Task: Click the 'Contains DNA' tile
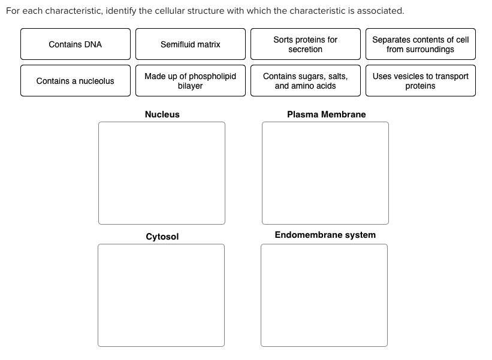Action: pyautogui.click(x=75, y=44)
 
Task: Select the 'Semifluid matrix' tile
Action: pyautogui.click(x=190, y=44)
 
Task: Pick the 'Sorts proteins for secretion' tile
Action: pyautogui.click(x=305, y=44)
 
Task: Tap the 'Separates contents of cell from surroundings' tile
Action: pyautogui.click(x=420, y=44)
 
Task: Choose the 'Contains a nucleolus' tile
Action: pyautogui.click(x=75, y=81)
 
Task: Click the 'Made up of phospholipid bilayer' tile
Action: pyautogui.click(x=190, y=81)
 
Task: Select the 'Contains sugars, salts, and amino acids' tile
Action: pyautogui.click(x=305, y=81)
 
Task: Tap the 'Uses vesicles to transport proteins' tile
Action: pyautogui.click(x=420, y=81)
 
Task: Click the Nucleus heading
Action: pyautogui.click(x=162, y=114)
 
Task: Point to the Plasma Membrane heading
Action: pyautogui.click(x=326, y=114)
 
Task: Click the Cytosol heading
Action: pyautogui.click(x=162, y=237)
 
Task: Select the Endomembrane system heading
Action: pyautogui.click(x=325, y=235)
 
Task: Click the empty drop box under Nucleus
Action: pyautogui.click(x=162, y=173)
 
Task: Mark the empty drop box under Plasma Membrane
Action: pyautogui.click(x=325, y=173)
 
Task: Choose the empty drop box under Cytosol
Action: pyautogui.click(x=161, y=295)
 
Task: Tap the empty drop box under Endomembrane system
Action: pyautogui.click(x=324, y=295)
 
